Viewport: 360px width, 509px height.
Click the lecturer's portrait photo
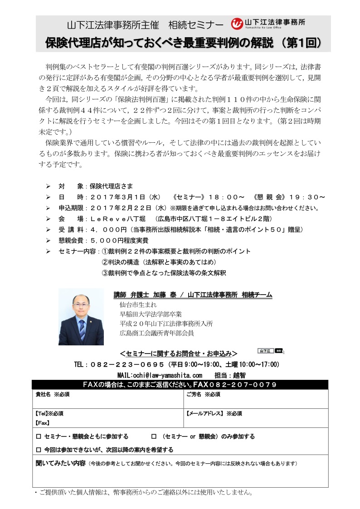click(x=81, y=317)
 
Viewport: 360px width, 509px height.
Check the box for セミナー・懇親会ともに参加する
click(x=38, y=437)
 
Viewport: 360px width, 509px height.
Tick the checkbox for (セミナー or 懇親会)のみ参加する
click(x=153, y=437)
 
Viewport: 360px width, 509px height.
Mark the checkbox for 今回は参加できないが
click(x=38, y=450)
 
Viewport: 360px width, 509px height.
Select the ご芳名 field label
click(x=194, y=395)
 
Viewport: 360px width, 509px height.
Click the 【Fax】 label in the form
click(x=43, y=423)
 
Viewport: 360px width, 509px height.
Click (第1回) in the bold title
click(x=302, y=43)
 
